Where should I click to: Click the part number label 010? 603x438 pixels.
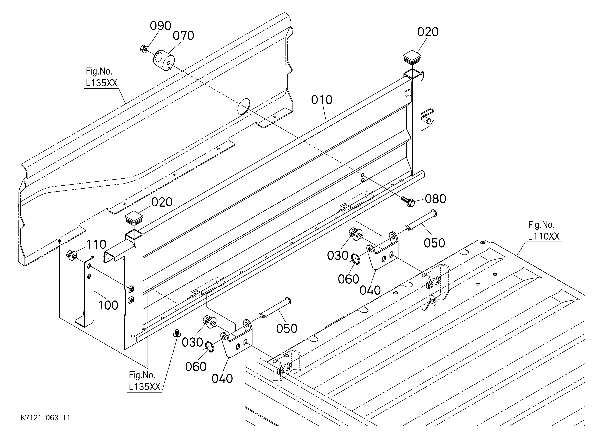pyautogui.click(x=322, y=100)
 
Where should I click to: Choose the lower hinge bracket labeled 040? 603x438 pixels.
pyautogui.click(x=237, y=338)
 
